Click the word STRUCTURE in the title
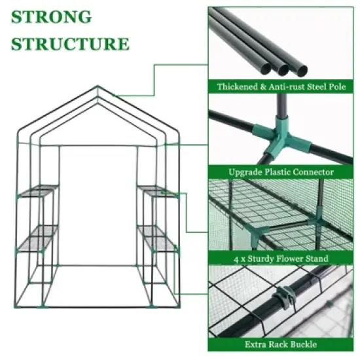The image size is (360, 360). click(x=71, y=44)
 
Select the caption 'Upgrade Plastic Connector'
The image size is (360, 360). click(x=281, y=172)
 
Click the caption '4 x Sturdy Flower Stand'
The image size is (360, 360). click(x=281, y=259)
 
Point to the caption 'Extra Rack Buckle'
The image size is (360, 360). click(x=281, y=344)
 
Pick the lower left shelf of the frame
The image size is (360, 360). click(x=37, y=236)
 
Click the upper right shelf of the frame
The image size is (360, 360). click(x=157, y=190)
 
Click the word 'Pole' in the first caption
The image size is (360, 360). click(x=333, y=86)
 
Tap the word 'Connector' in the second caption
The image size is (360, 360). click(x=311, y=172)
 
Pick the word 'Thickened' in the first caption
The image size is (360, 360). click(x=240, y=86)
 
